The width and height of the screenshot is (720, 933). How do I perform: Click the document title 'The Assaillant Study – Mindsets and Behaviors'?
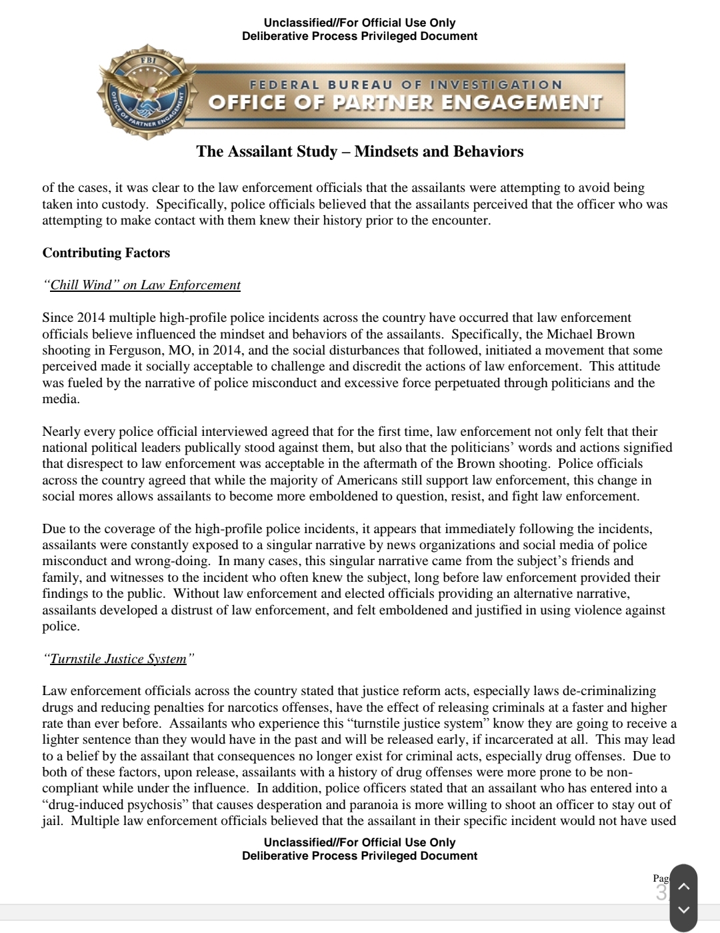coord(360,152)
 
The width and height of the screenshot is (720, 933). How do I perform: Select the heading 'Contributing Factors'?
coord(106,253)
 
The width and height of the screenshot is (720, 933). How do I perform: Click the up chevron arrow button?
coord(683,886)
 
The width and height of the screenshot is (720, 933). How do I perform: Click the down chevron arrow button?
coord(683,910)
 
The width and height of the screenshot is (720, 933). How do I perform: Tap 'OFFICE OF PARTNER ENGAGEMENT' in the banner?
coord(405,103)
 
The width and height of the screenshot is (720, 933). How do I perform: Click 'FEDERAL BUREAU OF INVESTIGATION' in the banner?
coord(405,85)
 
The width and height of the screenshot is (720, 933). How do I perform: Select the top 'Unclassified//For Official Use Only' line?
coord(360,23)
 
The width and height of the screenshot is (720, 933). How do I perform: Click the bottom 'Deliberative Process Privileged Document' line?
coord(360,856)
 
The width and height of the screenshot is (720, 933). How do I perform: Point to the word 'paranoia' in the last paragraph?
coord(399,805)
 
